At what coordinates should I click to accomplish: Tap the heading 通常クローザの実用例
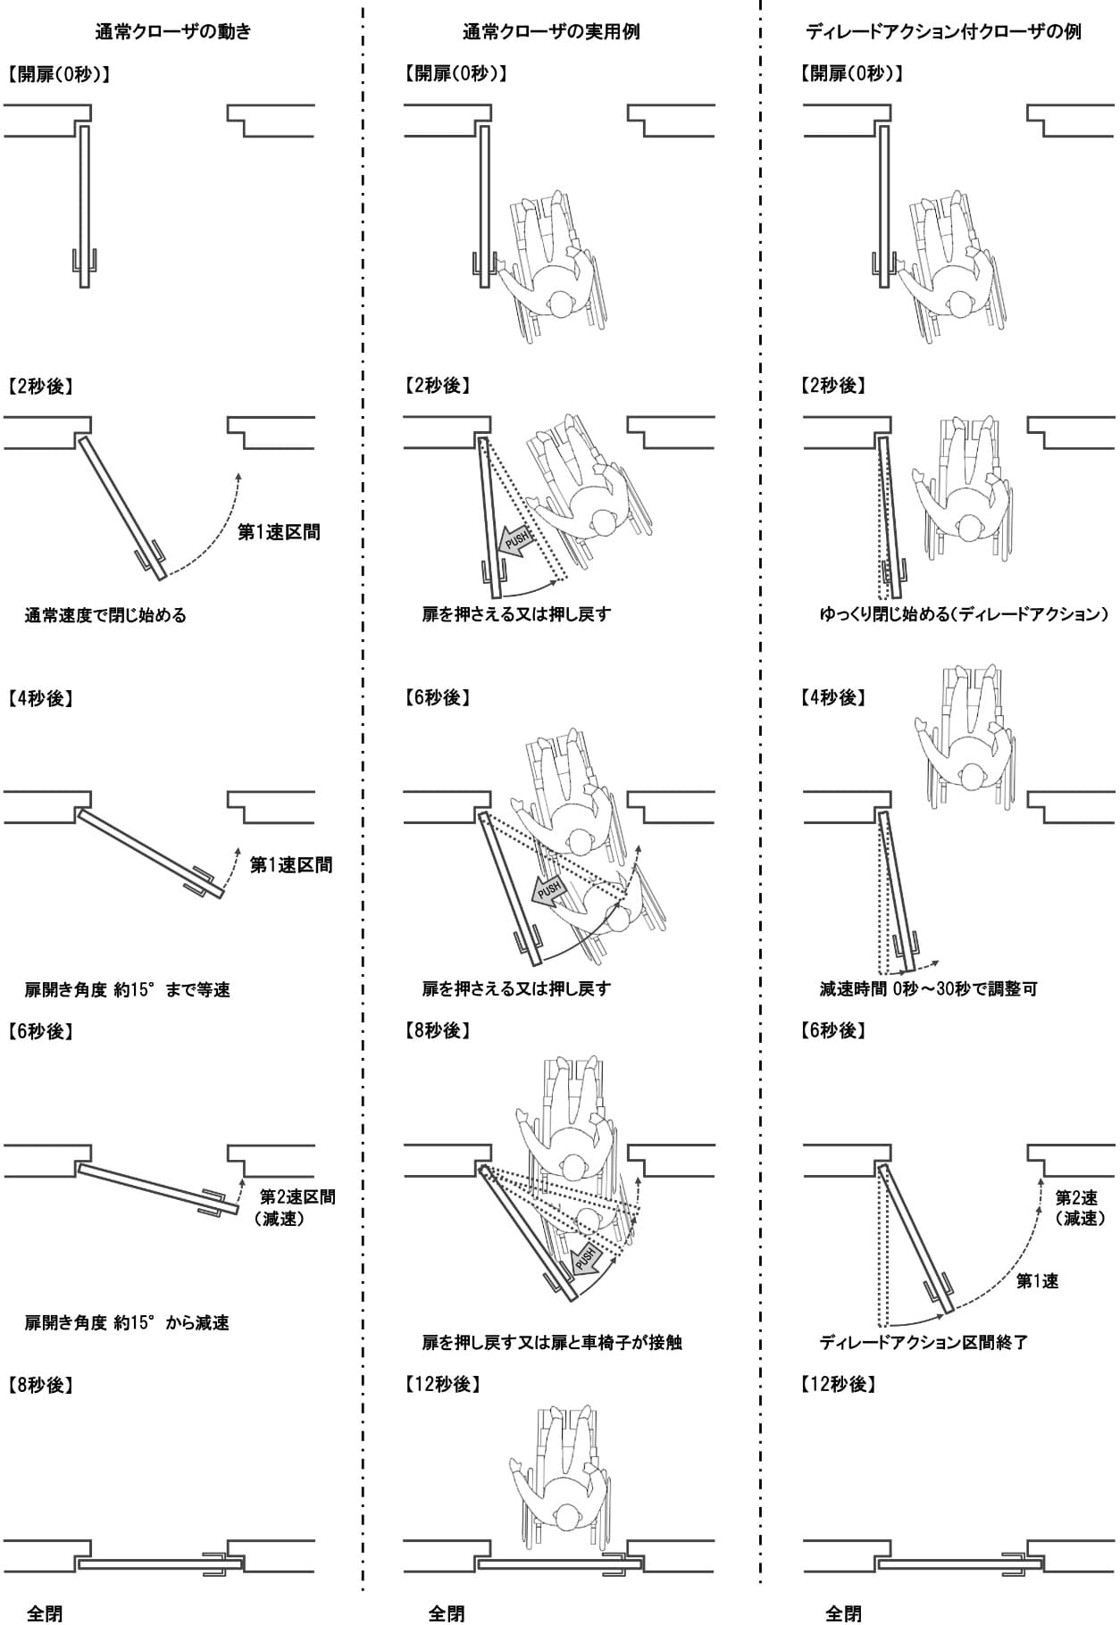click(x=551, y=32)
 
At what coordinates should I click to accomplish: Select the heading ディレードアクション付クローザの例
click(x=943, y=32)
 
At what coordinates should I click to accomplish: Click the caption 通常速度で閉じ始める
click(x=105, y=615)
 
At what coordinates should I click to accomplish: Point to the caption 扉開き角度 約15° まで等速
click(x=127, y=989)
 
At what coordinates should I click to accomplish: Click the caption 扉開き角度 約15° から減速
click(x=127, y=1322)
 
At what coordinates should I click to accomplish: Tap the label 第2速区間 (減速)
click(x=297, y=1207)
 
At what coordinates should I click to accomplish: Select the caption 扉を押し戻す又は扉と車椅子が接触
click(x=552, y=1342)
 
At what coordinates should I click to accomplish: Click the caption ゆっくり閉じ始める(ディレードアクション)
click(x=964, y=614)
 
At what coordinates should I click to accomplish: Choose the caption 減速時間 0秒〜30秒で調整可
click(x=928, y=989)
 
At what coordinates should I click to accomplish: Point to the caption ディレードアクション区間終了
click(x=924, y=1342)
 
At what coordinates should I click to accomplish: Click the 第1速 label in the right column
click(x=1037, y=1281)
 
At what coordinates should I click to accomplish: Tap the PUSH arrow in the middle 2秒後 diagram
click(x=517, y=540)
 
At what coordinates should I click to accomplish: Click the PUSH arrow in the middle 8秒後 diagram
click(x=585, y=1259)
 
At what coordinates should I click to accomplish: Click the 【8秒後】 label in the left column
click(x=41, y=1385)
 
